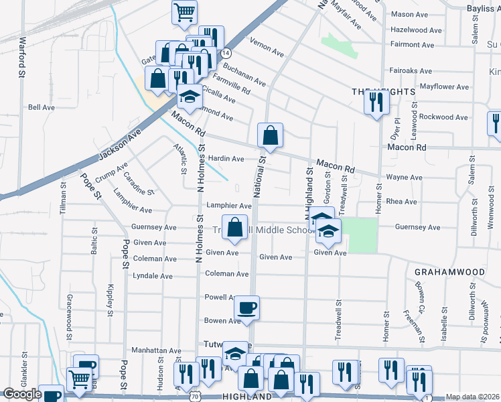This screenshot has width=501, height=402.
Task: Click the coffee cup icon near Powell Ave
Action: tap(246, 308)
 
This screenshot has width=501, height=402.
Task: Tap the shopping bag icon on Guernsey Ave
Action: tap(235, 227)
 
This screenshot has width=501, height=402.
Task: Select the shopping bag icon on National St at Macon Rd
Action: tap(269, 135)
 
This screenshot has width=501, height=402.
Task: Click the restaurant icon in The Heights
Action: tap(376, 101)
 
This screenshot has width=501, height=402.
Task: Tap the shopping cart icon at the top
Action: tap(184, 11)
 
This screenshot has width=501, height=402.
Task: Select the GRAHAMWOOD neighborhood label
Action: tap(449, 272)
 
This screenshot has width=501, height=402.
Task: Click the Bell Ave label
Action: tap(41, 107)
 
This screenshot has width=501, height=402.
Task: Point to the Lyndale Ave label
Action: tap(153, 275)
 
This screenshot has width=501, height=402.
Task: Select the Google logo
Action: tap(22, 394)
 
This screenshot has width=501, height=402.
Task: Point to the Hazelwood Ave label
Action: tap(416, 30)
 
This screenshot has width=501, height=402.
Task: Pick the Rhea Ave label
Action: tap(402, 202)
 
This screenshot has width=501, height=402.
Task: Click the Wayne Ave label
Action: tap(405, 178)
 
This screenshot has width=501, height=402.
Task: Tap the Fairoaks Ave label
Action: tap(412, 70)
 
